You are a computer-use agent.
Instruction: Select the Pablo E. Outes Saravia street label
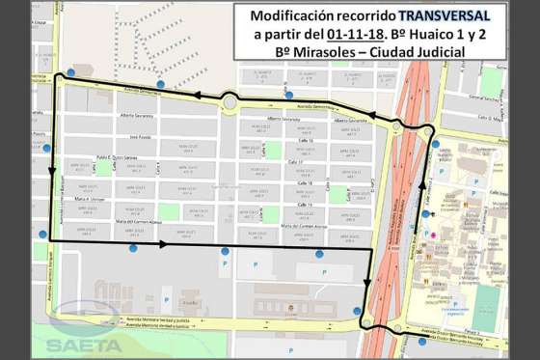pyautogui.click(x=119, y=157)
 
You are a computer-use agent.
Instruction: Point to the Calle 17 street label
pyautogui.click(x=307, y=161)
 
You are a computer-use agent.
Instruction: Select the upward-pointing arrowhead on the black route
pyautogui.click(x=421, y=180)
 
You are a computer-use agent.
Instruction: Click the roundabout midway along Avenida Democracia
pyautogui.click(x=229, y=101)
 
